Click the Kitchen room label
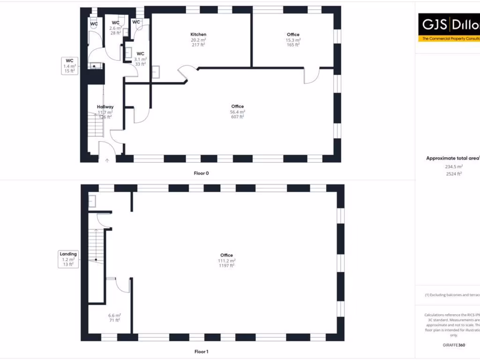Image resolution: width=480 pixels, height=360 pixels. click(x=198, y=34)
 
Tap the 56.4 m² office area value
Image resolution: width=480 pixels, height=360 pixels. click(x=238, y=112)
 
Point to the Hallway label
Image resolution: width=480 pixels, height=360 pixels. click(x=105, y=107)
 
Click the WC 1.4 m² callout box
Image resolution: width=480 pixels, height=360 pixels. click(x=69, y=66)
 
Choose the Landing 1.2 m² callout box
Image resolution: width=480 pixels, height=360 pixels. click(x=68, y=259)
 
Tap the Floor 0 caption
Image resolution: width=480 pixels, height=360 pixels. click(x=201, y=173)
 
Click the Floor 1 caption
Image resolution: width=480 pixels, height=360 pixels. click(x=201, y=351)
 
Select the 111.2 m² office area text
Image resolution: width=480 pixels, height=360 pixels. click(x=227, y=261)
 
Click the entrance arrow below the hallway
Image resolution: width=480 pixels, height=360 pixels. click(x=107, y=160)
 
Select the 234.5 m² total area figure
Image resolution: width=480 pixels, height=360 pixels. click(x=453, y=166)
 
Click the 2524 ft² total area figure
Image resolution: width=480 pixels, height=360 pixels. click(x=453, y=173)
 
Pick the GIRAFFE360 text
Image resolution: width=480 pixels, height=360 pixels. click(x=454, y=345)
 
